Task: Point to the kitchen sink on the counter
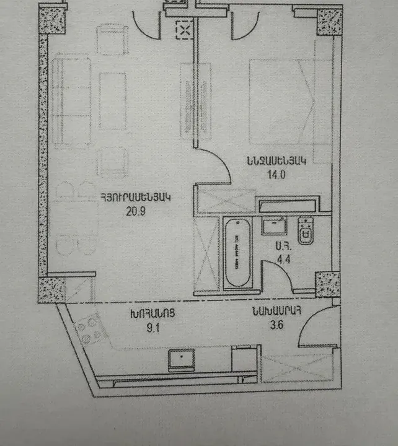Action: (x=182, y=359)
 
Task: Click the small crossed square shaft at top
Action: (x=184, y=28)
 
